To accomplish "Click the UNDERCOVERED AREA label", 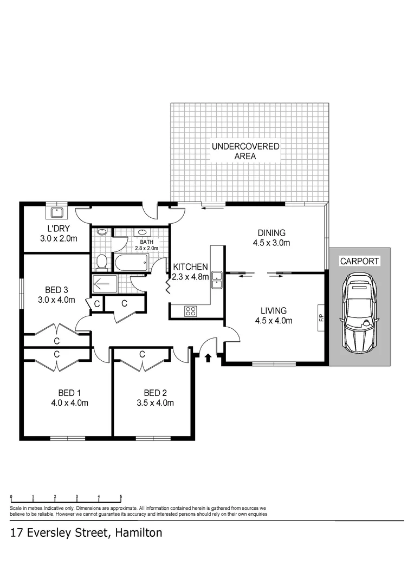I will click(245, 151).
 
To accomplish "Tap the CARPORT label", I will click(359, 261).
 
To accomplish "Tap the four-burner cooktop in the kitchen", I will click(191, 311).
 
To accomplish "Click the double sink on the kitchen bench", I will click(217, 278).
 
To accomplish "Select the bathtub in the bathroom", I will click(130, 264).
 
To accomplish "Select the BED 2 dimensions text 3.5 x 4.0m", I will click(155, 402).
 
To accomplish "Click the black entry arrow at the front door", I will click(208, 357).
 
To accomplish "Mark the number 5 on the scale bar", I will click(120, 496).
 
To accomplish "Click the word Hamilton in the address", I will click(137, 533).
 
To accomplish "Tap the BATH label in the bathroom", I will click(146, 242).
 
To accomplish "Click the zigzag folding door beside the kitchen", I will click(169, 285).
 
